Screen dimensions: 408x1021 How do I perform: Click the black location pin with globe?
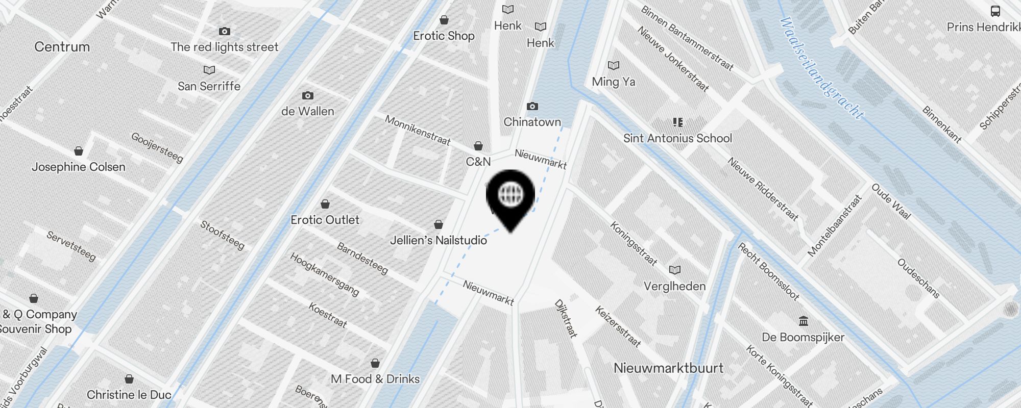coord(510,196)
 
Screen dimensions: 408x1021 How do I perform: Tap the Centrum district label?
coord(62,47)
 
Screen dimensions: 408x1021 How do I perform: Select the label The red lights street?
coord(224,47)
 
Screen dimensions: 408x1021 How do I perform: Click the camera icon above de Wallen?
coord(307,96)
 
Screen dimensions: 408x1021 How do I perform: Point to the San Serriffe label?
coord(209,86)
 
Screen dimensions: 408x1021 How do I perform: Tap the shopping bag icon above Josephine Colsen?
coord(79,151)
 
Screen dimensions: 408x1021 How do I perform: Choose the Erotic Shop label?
coord(444,36)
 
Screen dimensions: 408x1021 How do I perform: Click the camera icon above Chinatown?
coord(532,107)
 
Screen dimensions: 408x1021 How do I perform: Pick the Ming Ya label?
coord(613,82)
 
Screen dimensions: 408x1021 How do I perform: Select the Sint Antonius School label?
coord(677,138)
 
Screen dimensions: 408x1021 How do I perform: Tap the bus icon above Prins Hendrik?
coord(995,11)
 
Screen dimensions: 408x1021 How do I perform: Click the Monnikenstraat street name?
coord(418,130)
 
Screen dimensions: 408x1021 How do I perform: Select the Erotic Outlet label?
coord(325,220)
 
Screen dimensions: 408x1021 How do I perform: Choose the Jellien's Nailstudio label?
coord(438,240)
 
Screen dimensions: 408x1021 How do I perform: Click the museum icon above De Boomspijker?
coord(804,321)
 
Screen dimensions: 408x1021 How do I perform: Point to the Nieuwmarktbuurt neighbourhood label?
coord(668,368)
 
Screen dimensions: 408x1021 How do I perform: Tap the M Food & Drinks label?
coord(375,379)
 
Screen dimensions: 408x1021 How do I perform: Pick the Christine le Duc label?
coord(129,395)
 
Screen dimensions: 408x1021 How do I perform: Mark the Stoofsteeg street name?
coord(222,235)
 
